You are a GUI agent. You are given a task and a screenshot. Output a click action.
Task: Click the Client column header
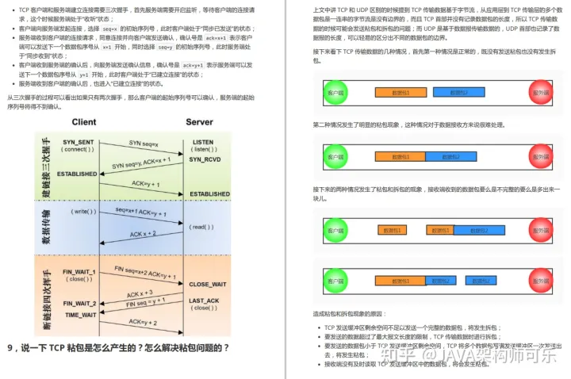coord(84,122)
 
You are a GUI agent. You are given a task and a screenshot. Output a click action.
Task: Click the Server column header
coord(199,122)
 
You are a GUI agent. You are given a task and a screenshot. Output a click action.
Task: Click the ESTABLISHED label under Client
coord(77,174)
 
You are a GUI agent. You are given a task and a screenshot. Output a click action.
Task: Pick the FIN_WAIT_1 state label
coord(79,272)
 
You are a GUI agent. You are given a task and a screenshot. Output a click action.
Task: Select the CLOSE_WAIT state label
coord(208,284)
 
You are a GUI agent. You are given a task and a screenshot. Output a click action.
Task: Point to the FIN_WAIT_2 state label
coord(79,304)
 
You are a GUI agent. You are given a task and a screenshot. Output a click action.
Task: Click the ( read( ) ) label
coord(201,227)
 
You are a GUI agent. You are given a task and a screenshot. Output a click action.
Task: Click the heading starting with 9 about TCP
coord(119,347)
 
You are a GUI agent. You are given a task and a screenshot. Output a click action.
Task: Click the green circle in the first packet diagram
coord(337,93)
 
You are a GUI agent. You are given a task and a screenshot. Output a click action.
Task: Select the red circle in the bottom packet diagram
coord(542,280)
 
